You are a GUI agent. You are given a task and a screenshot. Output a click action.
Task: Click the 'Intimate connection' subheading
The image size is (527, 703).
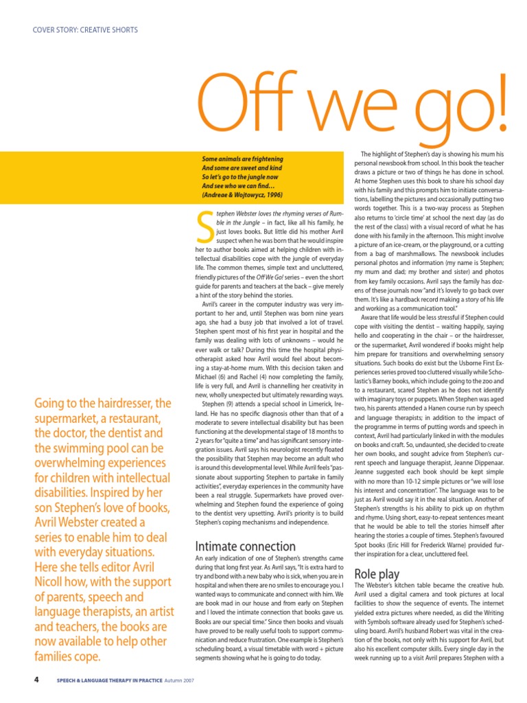[x=246, y=546]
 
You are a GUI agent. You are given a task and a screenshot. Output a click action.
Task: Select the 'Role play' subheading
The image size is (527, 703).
[x=377, y=573]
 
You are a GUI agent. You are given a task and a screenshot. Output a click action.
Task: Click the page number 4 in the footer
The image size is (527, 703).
[x=36, y=680]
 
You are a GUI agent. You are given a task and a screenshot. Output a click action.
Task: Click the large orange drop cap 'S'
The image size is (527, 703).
[x=204, y=227]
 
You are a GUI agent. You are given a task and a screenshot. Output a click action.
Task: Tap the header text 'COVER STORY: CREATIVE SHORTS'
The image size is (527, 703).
[x=85, y=30]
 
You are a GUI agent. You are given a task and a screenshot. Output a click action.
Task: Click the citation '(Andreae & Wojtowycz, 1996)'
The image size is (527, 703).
[x=242, y=194]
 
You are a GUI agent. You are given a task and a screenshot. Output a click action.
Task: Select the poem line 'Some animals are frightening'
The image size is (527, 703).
[x=242, y=159]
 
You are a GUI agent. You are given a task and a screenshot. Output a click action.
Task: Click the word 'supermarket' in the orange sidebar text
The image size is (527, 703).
[x=67, y=418]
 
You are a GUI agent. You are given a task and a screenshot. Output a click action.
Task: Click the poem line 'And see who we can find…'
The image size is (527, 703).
[x=237, y=185]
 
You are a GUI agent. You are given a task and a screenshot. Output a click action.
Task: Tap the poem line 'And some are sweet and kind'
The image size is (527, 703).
[x=241, y=168]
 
